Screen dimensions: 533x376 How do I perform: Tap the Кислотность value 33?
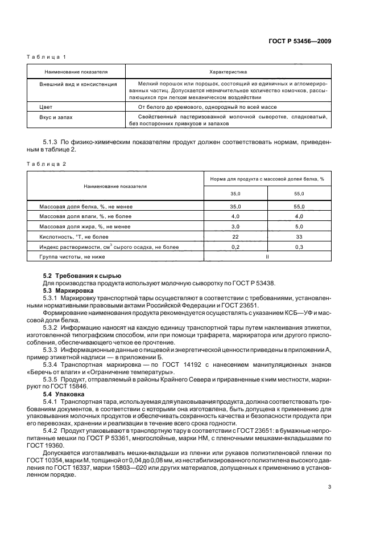pyautogui.click(x=299, y=237)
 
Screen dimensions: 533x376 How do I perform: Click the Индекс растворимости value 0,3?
pyautogui.click(x=299, y=247)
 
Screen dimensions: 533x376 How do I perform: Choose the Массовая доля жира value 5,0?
pyautogui.click(x=299, y=227)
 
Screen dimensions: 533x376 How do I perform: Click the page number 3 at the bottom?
pyautogui.click(x=329, y=503)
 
